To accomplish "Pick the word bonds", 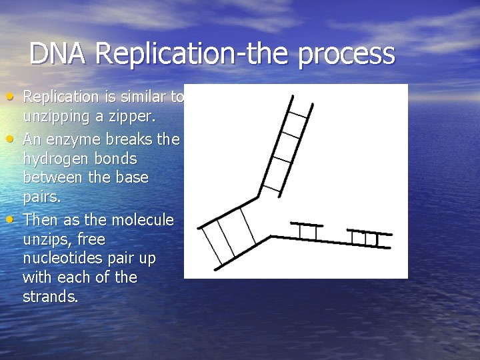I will [x=117, y=159].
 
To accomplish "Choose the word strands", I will [x=51, y=297].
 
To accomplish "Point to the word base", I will [x=132, y=179].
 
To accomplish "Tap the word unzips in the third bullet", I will [x=45, y=239].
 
